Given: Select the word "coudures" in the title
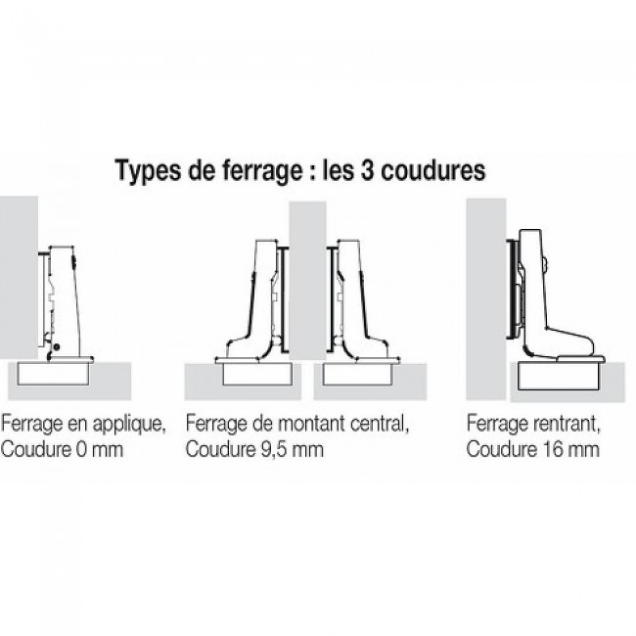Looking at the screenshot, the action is click(x=432, y=170).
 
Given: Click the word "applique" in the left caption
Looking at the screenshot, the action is click(x=129, y=425).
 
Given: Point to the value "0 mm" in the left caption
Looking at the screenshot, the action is click(x=100, y=449).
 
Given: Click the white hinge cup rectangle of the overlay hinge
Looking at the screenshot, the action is click(x=54, y=373).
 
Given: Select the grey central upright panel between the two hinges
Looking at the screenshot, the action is click(x=307, y=281).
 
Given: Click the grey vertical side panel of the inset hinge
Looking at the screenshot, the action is click(x=486, y=299).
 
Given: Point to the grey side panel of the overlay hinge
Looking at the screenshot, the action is click(x=19, y=278).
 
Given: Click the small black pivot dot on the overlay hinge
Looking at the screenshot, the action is click(x=57, y=346).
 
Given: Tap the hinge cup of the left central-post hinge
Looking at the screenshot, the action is click(x=257, y=374).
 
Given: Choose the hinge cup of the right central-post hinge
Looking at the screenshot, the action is click(x=358, y=374).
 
